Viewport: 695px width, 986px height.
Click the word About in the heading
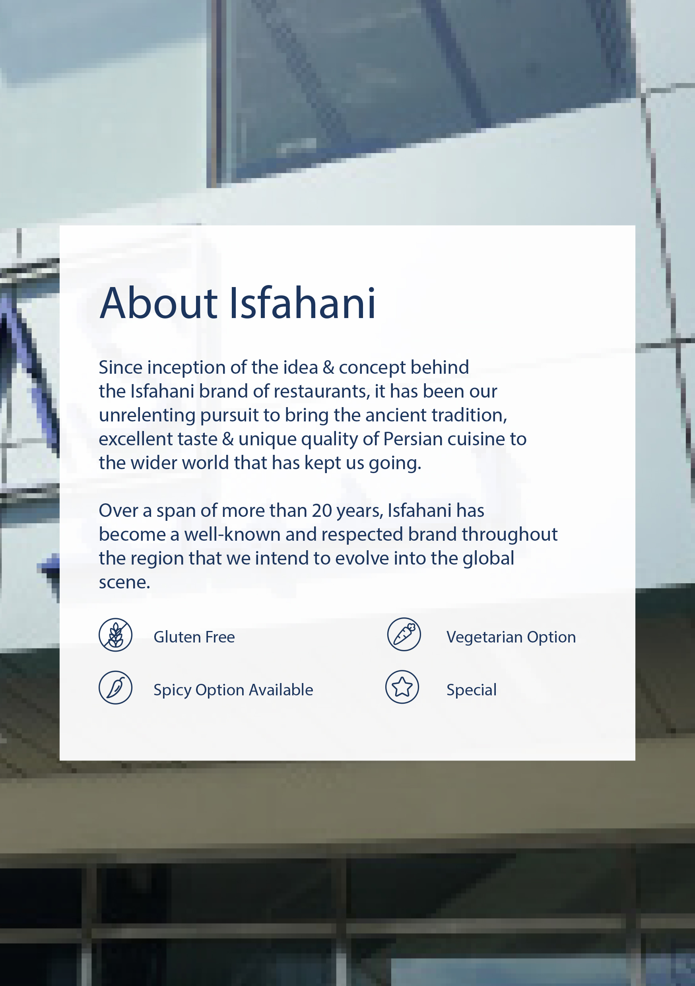tap(159, 303)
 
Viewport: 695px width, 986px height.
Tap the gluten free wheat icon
tap(116, 635)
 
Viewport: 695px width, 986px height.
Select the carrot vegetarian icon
tap(404, 634)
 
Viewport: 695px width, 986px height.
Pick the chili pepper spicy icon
tap(116, 687)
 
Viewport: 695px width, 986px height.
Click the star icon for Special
tap(402, 687)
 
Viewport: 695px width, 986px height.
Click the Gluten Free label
tap(194, 637)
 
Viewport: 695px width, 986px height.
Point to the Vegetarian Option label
tap(511, 637)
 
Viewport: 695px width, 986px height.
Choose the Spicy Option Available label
tap(233, 690)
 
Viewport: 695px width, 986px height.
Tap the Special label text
tap(472, 690)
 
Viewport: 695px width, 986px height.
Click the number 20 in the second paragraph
tap(322, 510)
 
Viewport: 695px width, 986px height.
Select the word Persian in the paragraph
tap(413, 439)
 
